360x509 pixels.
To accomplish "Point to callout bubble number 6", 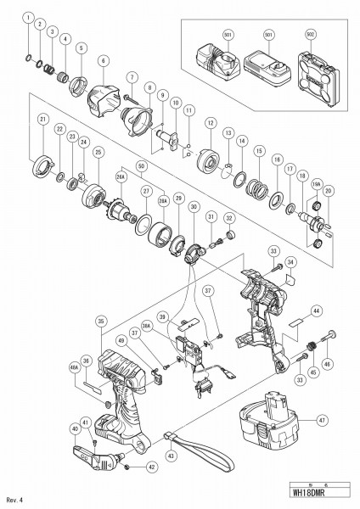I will click(104, 60).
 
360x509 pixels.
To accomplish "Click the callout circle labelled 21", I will click(40, 120).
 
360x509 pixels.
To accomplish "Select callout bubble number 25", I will click(98, 152).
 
